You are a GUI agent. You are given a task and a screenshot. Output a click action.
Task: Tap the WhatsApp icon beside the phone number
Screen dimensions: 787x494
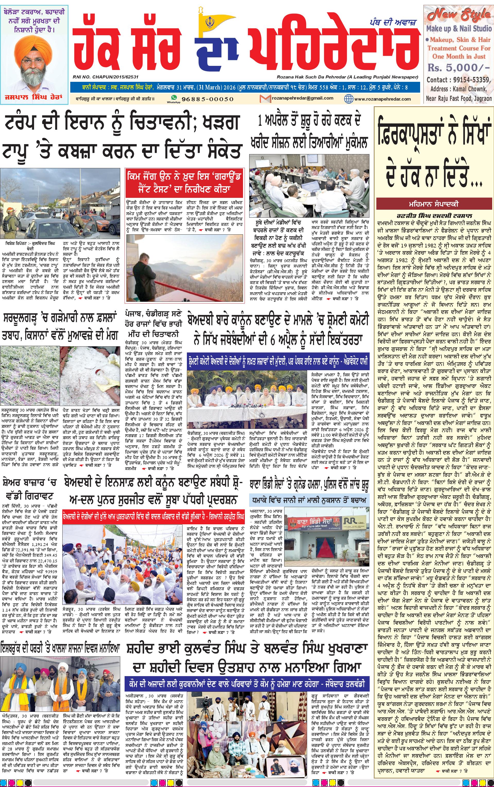(x=174, y=98)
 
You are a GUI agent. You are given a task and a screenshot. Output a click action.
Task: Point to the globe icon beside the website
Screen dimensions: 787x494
(x=349, y=99)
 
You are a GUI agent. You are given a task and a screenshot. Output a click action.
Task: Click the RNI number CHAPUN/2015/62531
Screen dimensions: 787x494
(x=106, y=77)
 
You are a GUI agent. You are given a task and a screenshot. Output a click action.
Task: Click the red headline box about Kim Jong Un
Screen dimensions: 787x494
(x=184, y=182)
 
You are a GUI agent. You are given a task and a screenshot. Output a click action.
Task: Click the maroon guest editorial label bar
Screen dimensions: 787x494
(x=434, y=204)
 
